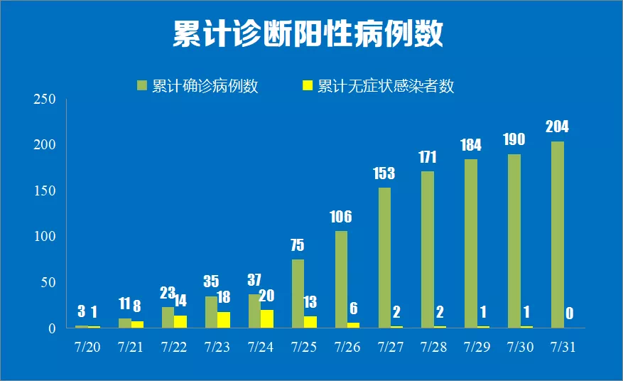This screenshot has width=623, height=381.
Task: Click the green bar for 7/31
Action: (x=558, y=235)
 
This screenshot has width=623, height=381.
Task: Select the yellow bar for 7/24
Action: (x=266, y=318)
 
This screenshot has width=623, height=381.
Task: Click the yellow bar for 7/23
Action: (x=223, y=320)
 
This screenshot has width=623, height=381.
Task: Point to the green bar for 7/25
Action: (x=298, y=293)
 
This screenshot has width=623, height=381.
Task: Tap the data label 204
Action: (x=557, y=128)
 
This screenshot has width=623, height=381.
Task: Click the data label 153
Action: (x=384, y=173)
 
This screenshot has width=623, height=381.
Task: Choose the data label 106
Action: (x=340, y=217)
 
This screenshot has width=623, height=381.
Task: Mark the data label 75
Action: (x=298, y=245)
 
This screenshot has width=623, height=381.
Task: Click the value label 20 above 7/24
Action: (x=266, y=296)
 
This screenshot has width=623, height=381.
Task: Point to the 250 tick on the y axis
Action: (x=45, y=100)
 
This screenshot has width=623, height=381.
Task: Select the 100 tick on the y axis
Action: (x=45, y=237)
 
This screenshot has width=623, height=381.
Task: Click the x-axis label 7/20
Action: (x=87, y=348)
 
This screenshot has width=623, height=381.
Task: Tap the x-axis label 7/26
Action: (x=347, y=348)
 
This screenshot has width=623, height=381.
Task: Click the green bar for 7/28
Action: (x=428, y=249)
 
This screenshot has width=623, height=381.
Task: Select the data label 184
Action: (x=470, y=145)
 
